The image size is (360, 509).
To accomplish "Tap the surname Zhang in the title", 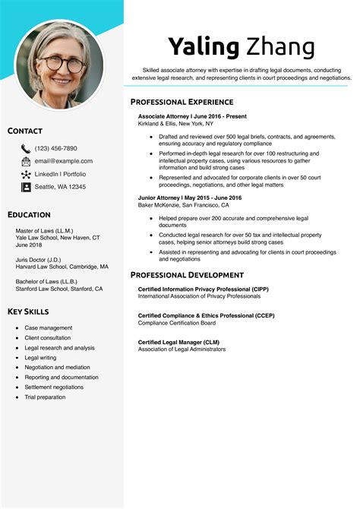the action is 280,47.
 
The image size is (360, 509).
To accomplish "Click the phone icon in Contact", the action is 26,149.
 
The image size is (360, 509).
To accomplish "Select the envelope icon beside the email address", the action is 26,162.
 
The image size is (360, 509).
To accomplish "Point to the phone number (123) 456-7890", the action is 55,149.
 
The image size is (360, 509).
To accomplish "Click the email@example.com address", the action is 64,161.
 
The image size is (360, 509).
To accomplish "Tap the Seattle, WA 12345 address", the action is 60,187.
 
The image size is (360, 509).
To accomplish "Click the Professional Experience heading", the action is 182,102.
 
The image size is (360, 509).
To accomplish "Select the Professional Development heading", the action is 187,275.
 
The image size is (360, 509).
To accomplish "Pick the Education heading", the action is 29,215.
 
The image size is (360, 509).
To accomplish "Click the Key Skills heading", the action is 28,312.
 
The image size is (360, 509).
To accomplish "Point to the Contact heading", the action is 25,131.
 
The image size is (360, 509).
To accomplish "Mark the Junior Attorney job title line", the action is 189,198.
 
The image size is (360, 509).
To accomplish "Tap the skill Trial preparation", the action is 46,397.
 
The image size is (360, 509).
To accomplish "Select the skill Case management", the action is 48,327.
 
